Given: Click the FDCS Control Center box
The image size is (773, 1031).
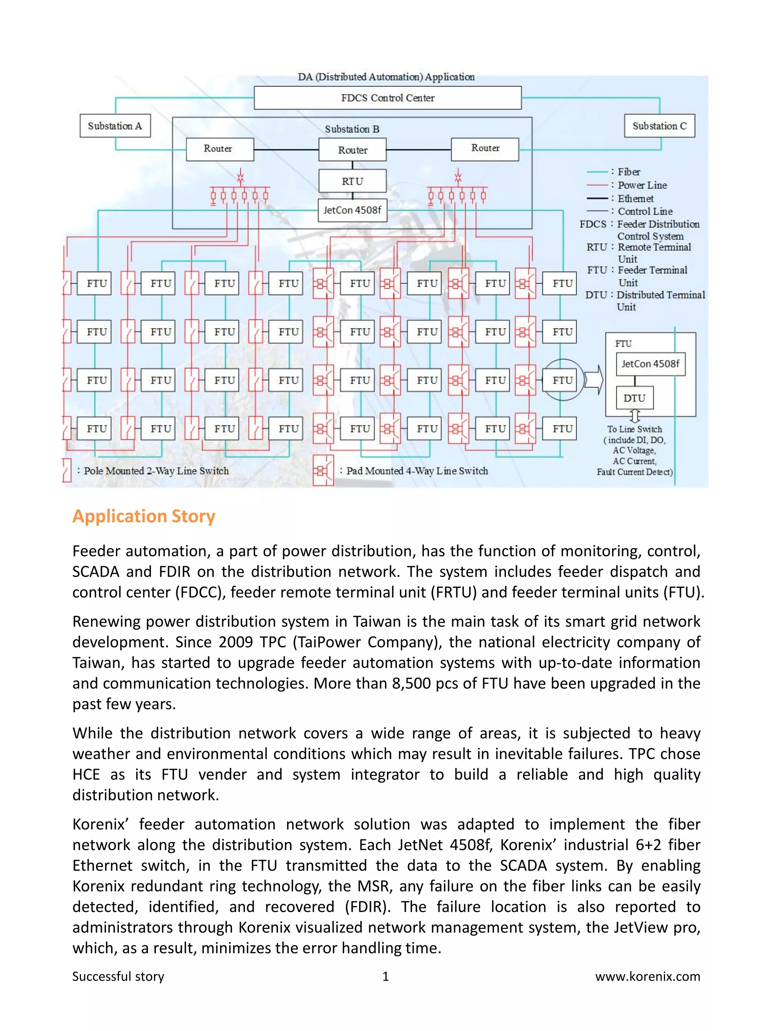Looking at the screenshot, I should [x=387, y=98].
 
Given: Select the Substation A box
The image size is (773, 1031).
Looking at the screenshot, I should [x=115, y=126].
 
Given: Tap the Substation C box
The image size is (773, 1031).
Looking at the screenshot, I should [x=659, y=126].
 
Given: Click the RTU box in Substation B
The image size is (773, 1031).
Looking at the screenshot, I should [x=352, y=181].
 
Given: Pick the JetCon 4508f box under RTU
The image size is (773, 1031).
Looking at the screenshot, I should [x=352, y=210].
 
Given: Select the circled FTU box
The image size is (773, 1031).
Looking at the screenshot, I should [x=562, y=380].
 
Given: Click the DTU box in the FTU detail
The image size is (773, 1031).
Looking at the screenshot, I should [x=634, y=398].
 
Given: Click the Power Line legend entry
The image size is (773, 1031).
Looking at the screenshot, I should [x=642, y=185].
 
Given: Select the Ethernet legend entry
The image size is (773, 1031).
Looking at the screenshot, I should [x=635, y=199].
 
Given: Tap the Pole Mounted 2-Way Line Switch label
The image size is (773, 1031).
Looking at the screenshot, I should [x=156, y=471].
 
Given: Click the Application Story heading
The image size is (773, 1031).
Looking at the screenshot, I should [x=143, y=516].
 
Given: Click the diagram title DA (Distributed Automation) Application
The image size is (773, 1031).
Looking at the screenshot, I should [x=386, y=77].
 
